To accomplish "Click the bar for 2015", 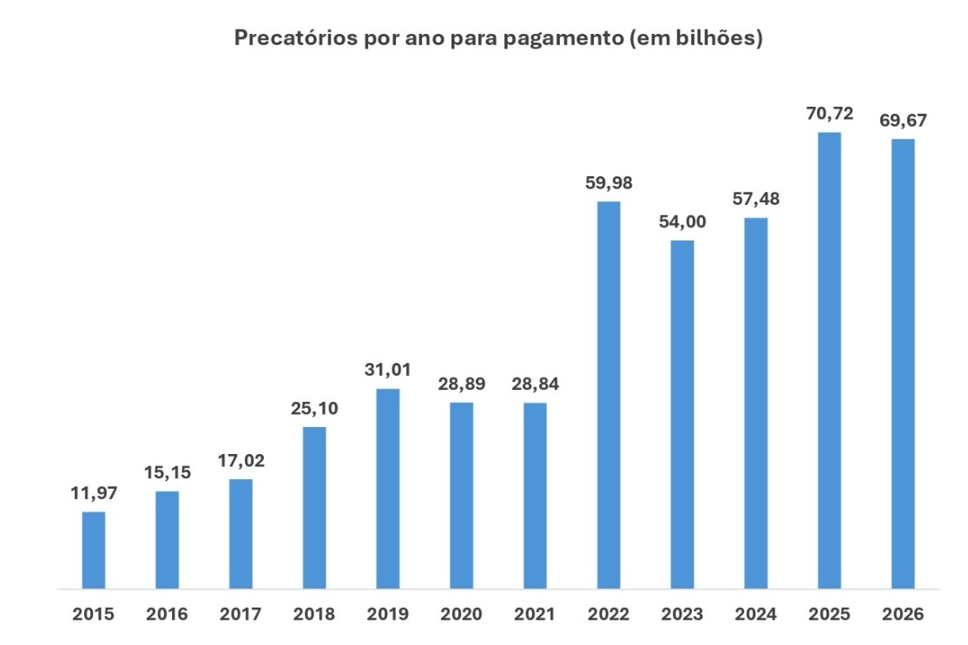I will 94,550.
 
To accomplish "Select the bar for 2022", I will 609,395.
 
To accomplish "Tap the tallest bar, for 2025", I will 829,360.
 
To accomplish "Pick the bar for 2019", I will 388,489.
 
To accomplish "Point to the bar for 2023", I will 682,414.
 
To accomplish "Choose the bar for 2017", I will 241,534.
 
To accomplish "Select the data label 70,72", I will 829,114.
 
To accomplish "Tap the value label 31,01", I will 388,371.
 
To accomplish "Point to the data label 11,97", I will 94,493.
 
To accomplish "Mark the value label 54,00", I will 682,221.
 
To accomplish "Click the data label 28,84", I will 535,385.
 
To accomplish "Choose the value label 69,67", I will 903,121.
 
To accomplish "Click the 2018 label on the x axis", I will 314,615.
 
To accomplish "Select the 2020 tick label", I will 461,615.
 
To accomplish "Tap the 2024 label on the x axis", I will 755,615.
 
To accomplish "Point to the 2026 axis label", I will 903,615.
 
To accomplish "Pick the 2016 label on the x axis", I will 168,615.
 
